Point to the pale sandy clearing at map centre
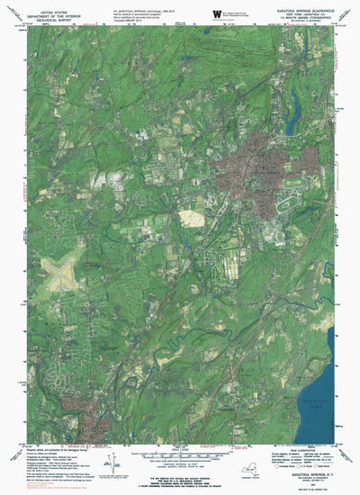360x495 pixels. tap(191, 218)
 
